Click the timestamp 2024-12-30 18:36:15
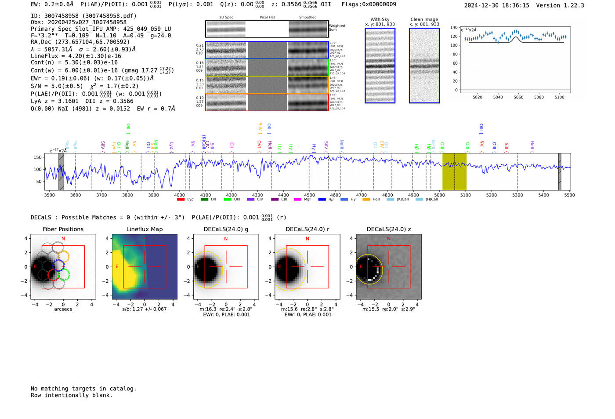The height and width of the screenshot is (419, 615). point(496,6)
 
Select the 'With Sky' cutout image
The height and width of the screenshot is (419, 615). point(380,66)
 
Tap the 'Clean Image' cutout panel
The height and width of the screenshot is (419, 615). point(424,66)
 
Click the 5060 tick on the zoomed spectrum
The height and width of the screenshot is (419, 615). point(518,97)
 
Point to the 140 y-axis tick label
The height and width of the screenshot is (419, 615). point(454,27)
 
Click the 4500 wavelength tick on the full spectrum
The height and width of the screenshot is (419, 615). point(309,195)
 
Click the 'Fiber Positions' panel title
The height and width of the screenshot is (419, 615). point(63,229)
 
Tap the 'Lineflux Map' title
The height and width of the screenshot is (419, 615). point(145,229)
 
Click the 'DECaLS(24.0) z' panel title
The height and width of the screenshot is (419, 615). point(389,229)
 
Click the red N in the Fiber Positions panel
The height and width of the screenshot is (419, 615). point(63,239)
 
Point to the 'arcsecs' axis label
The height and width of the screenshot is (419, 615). point(63,309)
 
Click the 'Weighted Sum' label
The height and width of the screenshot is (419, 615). point(336,28)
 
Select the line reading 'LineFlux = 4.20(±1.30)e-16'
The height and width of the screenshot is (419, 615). point(76,56)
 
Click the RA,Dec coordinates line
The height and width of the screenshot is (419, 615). point(80,42)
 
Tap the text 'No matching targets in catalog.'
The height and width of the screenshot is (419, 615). point(83,389)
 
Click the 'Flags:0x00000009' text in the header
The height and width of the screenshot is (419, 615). point(369,4)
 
